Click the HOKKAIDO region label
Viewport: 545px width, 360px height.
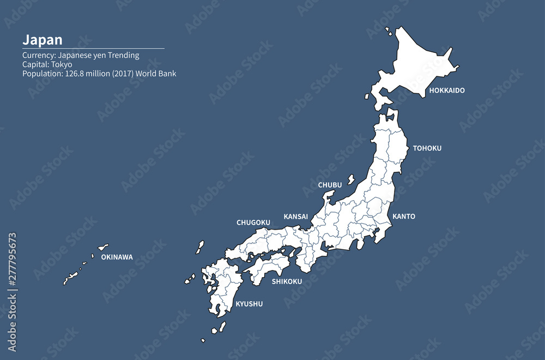point(447,91)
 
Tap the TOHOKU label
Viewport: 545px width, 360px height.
point(427,148)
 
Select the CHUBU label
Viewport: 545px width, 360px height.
point(330,185)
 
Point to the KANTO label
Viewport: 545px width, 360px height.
point(404,217)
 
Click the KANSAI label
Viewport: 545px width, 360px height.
point(295,217)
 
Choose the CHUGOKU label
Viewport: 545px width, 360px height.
point(253,223)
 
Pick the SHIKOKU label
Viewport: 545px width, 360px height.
point(287,281)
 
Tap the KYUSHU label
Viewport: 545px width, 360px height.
point(249,304)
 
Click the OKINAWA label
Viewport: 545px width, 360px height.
point(117,257)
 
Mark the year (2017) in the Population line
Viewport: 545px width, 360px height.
point(122,74)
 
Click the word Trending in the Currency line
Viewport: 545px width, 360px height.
point(124,55)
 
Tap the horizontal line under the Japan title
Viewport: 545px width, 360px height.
point(93,49)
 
